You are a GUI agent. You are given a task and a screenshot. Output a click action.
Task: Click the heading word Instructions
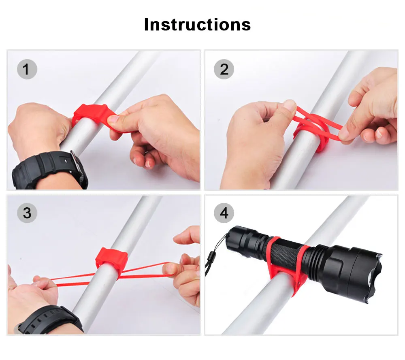197,25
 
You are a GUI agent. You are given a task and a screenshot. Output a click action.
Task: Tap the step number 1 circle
27,69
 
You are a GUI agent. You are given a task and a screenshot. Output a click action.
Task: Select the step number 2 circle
224,69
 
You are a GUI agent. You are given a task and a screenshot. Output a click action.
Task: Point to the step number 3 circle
27,213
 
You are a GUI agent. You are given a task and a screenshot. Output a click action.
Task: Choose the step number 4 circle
224,213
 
